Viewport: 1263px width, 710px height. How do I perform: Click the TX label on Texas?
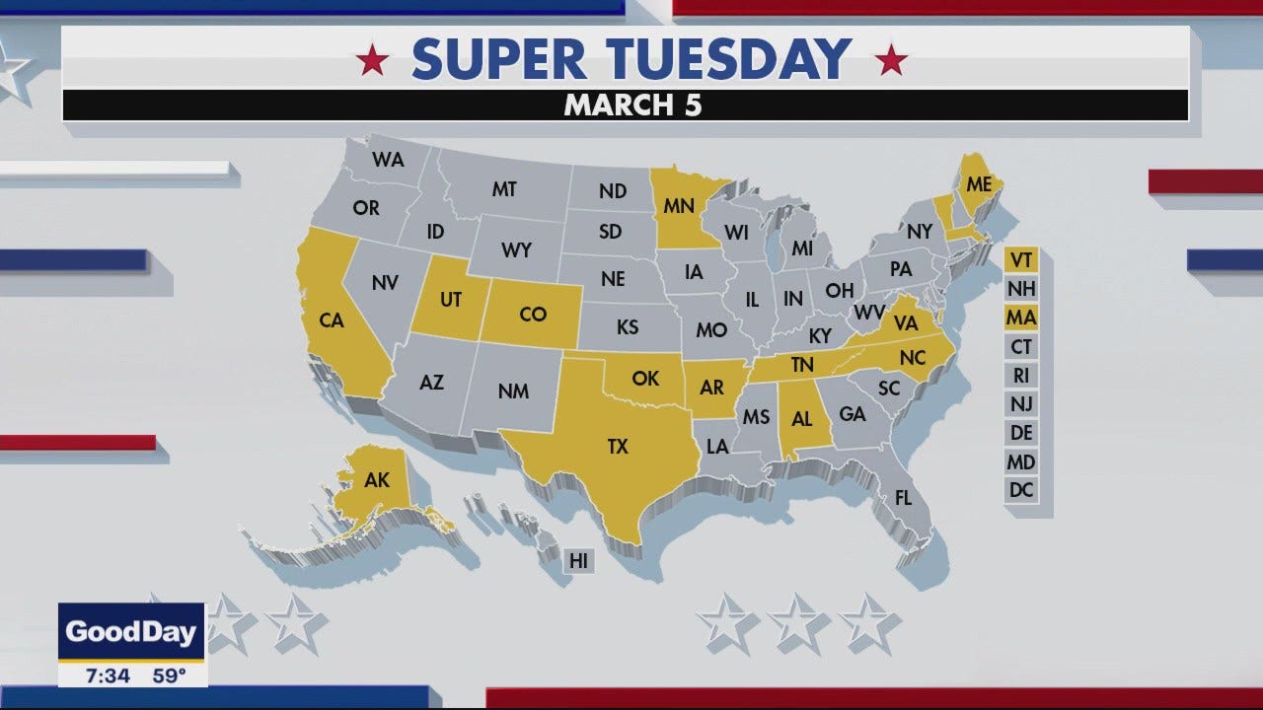618,447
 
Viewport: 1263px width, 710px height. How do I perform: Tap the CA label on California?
332,320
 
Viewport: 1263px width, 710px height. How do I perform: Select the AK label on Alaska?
377,481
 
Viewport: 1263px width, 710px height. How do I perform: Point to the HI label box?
579,561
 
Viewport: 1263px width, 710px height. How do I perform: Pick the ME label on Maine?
979,184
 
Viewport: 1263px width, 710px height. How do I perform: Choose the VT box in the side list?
1021,260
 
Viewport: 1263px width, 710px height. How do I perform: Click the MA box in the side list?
1021,318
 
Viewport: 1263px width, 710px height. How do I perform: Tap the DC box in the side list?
1021,489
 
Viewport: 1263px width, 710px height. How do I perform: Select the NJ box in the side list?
1021,403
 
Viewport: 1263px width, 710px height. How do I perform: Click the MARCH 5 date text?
632,106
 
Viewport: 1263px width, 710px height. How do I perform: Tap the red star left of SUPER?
373,61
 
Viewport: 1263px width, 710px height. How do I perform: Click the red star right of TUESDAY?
892,61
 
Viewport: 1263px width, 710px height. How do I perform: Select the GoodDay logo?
131,632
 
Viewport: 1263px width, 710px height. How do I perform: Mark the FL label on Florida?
903,498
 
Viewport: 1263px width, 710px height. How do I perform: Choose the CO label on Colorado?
533,314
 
